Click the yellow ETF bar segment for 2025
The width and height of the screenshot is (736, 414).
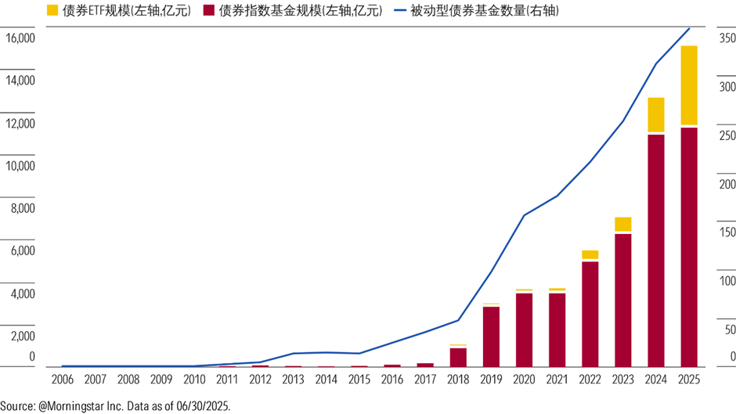[689, 85]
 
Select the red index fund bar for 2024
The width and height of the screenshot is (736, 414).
[656, 250]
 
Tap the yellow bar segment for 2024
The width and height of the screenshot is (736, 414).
[656, 115]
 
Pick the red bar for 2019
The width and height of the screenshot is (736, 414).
[491, 337]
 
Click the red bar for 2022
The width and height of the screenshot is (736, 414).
[590, 314]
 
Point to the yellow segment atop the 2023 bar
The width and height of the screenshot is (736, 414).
[623, 225]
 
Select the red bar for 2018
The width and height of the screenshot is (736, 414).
[458, 357]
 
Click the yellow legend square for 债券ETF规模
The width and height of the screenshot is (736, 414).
[53, 11]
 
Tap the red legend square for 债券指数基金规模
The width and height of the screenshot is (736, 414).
[207, 11]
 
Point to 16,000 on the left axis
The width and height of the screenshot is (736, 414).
[20, 38]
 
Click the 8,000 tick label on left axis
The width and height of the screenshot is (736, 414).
[23, 209]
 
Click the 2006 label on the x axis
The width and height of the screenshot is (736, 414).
[62, 380]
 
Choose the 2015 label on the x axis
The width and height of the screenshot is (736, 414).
[359, 380]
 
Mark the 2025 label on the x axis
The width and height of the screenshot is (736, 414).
[689, 380]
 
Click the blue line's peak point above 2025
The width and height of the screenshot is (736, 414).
[689, 29]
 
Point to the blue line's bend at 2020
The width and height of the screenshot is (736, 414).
[524, 214]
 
